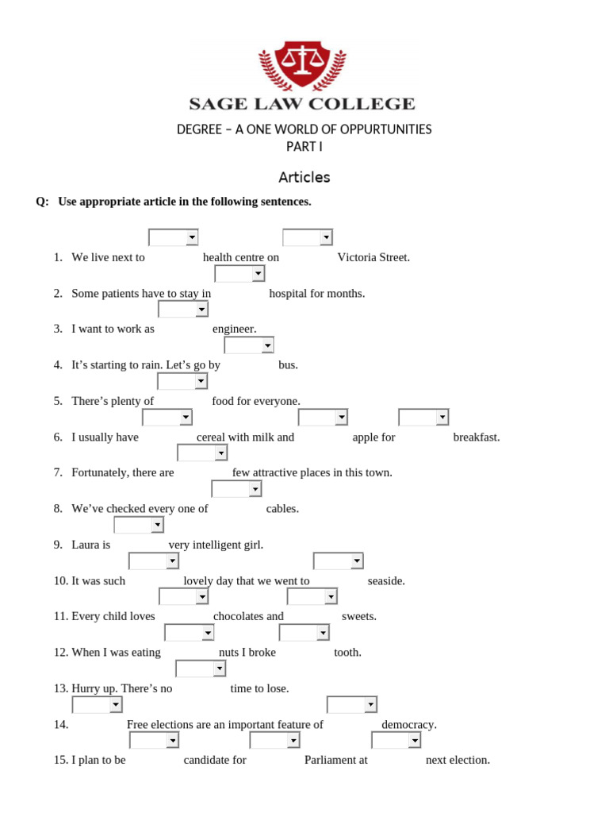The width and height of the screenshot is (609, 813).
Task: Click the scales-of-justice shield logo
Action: coord(302,65)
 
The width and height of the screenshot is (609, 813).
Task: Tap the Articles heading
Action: coord(304,178)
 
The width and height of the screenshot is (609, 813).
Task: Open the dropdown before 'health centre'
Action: coord(174,237)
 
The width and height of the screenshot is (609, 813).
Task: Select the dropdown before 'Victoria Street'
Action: coord(308,237)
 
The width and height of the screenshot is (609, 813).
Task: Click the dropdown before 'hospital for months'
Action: coord(239,274)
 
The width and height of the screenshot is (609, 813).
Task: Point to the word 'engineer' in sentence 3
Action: coord(234,329)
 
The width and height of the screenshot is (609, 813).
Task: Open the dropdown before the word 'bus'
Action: coord(249,345)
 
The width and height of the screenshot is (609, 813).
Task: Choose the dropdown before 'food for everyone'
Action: coord(182,382)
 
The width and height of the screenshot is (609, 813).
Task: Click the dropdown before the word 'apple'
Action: coord(323,418)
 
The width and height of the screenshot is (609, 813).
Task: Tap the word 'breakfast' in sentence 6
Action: coord(477,437)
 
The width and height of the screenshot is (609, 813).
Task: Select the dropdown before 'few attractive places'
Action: coord(202,453)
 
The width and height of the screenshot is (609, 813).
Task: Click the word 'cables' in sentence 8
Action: coord(282,509)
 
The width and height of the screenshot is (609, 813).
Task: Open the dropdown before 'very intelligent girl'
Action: coord(139,525)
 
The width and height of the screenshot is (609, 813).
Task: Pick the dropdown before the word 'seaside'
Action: coord(338,561)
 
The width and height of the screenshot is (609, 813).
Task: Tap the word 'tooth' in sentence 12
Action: coord(347,653)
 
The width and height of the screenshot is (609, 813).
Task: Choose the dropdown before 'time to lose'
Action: coord(201,669)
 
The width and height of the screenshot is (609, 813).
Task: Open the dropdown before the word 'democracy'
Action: coord(352,705)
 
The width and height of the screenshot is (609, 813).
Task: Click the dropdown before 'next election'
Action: coord(396,741)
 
